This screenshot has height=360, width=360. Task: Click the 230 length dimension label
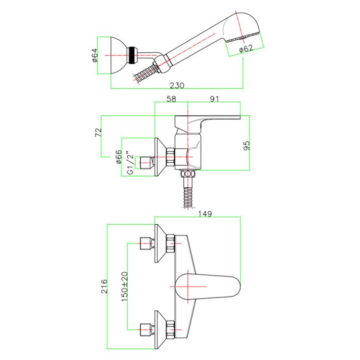coord(177,85)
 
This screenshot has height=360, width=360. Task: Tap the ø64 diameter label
coord(95,55)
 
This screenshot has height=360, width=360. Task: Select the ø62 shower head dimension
coord(246,48)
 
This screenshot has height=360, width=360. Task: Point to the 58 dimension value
coord(171,99)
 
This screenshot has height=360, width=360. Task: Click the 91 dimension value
coord(214,99)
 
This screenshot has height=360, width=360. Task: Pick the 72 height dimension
coord(98,132)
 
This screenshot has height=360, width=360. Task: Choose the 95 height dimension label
coord(246,145)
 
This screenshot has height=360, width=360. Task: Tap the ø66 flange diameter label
coord(119,157)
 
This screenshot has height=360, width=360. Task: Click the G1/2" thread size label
coord(130,163)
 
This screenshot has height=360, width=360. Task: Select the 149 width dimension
coord(205,214)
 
